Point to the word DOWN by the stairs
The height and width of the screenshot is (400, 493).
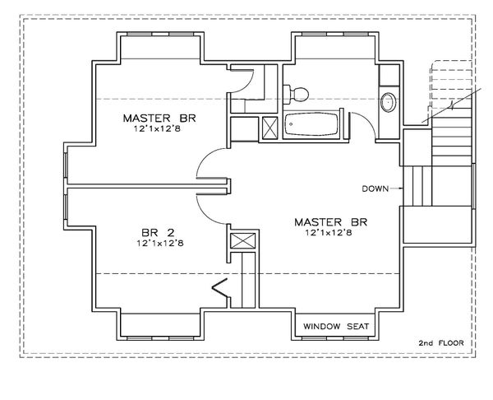[376, 188]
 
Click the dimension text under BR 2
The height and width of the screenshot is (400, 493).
[161, 244]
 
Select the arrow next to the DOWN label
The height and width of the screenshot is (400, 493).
[397, 188]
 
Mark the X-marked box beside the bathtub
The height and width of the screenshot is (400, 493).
[269, 129]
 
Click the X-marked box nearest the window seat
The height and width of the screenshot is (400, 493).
[241, 243]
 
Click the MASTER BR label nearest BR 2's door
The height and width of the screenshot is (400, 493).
[161, 118]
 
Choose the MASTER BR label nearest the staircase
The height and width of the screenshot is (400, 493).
[329, 221]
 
